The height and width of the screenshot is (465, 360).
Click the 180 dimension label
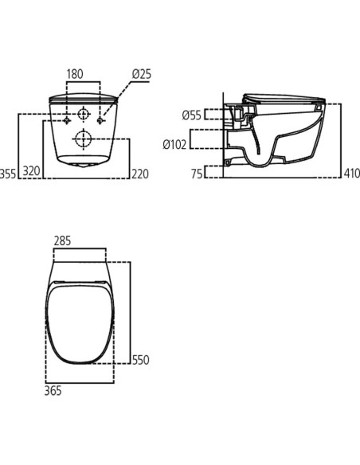(x=75, y=74)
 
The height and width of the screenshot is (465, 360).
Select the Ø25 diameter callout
(x=142, y=74)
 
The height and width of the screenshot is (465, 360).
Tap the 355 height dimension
(x=8, y=174)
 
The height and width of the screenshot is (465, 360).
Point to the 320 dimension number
(x=31, y=171)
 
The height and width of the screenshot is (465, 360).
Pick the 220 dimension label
(x=140, y=174)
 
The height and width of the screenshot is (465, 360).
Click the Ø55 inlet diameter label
(x=192, y=115)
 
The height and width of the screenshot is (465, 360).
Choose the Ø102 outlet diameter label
(x=175, y=144)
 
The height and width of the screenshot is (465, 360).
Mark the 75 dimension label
(x=197, y=174)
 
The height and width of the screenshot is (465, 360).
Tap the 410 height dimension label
(x=352, y=174)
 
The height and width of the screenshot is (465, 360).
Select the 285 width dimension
(x=62, y=240)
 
